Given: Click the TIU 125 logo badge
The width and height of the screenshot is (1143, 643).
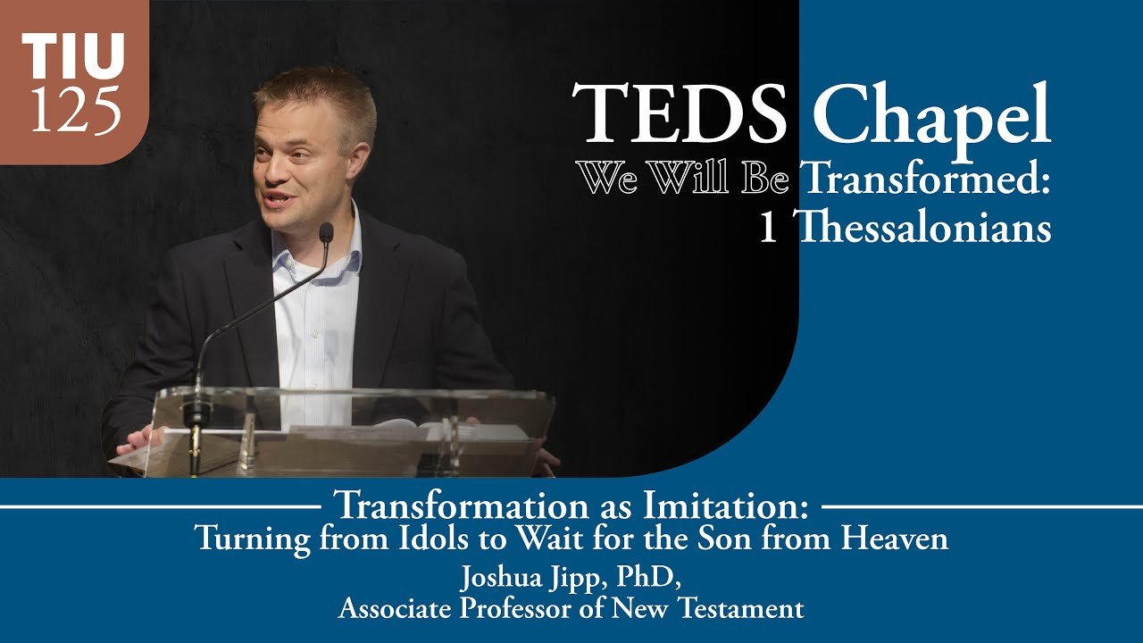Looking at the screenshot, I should tap(73, 82).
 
